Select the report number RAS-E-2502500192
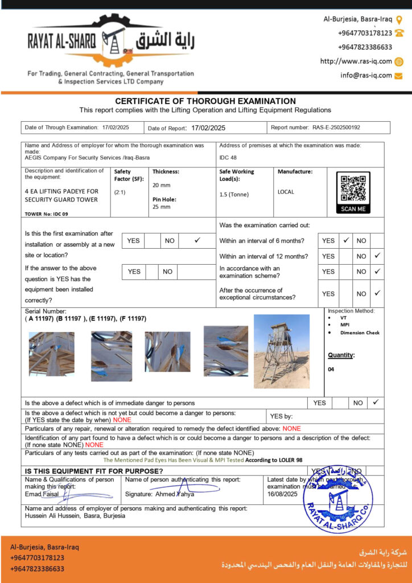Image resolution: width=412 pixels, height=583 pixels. coord(336,128)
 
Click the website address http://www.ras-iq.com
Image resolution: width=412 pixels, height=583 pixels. coord(356,61)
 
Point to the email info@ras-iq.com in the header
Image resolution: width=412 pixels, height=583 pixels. coord(366,75)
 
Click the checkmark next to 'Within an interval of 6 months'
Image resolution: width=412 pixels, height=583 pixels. coord(345,241)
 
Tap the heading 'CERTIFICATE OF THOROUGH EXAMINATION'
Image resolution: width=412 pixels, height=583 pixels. coord(205,101)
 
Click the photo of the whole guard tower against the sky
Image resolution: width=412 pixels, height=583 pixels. coord(281,351)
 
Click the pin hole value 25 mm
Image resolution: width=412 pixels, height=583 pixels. coord(161,207)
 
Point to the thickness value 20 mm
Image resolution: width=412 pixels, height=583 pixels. coord(161,185)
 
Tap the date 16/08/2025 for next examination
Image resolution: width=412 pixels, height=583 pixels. coord(283,494)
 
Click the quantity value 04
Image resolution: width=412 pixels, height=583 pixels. coord(331,369)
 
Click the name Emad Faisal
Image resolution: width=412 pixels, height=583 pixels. coord(43,494)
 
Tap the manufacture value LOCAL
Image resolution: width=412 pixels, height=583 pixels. coord(286,192)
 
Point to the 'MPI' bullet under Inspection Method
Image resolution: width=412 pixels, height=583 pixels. coord(345,325)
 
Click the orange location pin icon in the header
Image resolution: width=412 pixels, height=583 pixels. coord(399,19)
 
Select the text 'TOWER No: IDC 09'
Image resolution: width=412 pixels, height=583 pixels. coord(47,214)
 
